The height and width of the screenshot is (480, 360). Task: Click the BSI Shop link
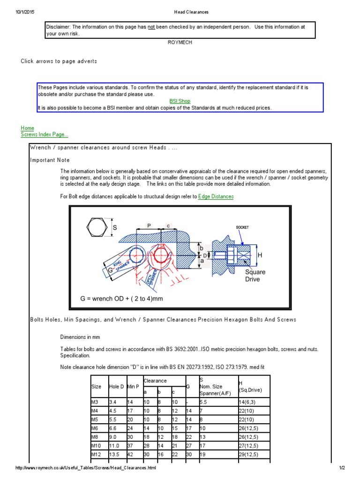click(180, 101)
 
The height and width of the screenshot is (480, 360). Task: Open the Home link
click(27, 128)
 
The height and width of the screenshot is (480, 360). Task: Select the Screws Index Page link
click(45, 135)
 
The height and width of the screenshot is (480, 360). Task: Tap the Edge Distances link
click(216, 196)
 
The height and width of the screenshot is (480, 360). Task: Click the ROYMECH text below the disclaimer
click(180, 42)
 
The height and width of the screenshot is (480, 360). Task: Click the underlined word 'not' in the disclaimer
click(151, 27)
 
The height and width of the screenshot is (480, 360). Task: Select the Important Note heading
click(50, 160)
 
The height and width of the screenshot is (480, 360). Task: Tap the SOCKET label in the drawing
click(242, 227)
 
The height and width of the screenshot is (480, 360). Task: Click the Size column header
click(96, 386)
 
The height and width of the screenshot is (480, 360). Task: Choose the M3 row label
click(95, 402)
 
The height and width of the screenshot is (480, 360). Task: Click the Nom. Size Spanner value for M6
click(203, 427)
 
